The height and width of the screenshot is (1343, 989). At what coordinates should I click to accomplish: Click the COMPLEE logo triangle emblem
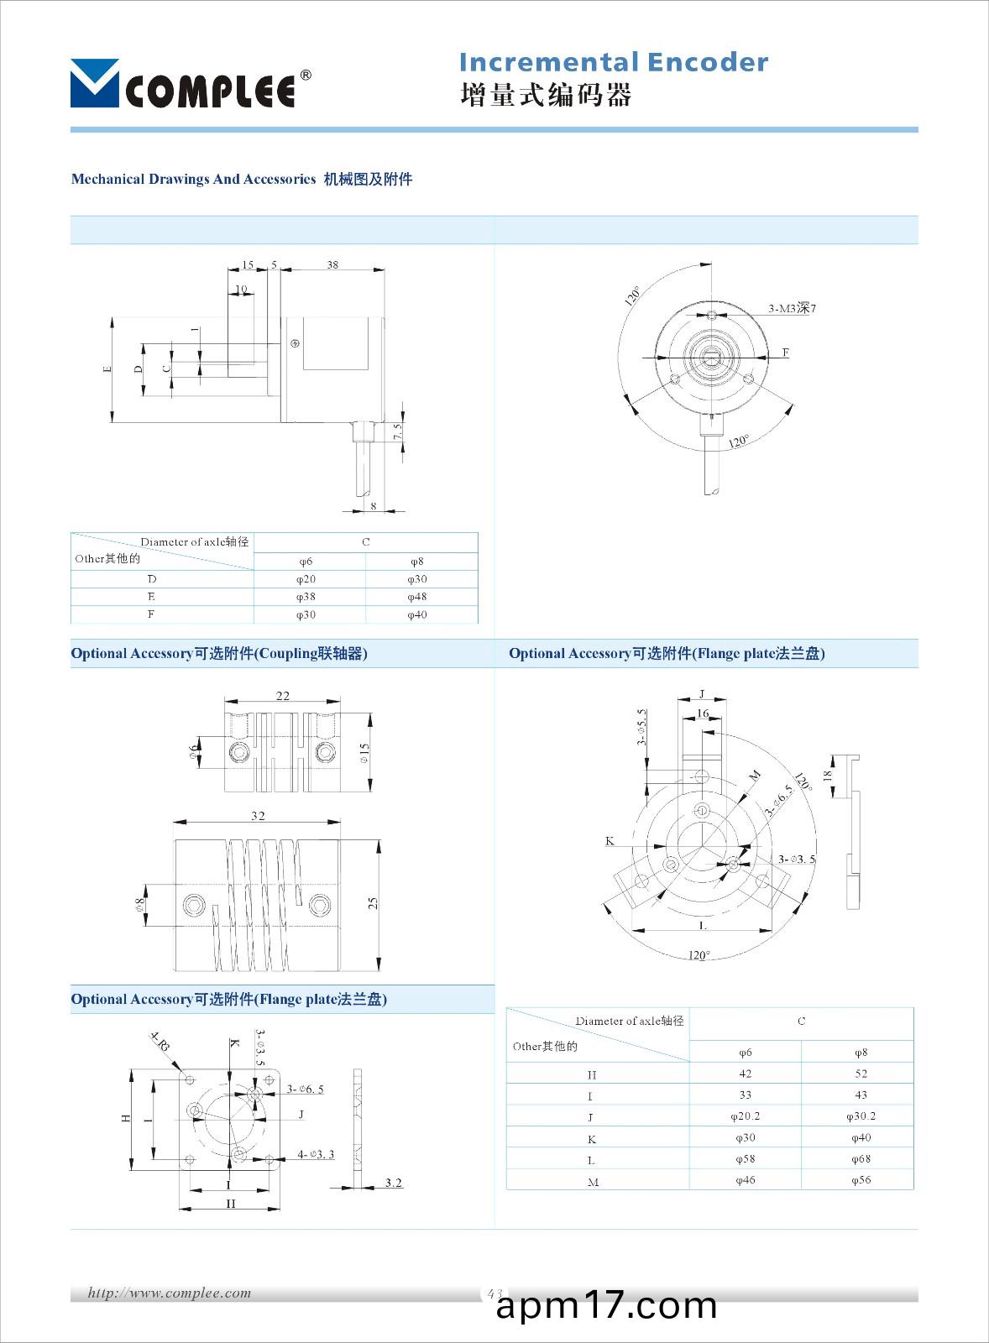click(x=94, y=83)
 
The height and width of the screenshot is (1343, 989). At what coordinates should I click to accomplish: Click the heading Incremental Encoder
click(x=613, y=62)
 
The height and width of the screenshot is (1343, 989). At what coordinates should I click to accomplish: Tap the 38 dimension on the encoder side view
click(x=332, y=264)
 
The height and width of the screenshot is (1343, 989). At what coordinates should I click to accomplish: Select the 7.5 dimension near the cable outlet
click(x=398, y=431)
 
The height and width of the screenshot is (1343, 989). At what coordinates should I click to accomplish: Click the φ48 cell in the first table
click(x=417, y=597)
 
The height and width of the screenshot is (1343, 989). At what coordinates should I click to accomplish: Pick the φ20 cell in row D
click(x=306, y=579)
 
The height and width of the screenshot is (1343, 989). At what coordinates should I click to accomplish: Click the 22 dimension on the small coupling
click(x=283, y=695)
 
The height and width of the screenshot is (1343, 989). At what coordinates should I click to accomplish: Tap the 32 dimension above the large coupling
click(x=258, y=815)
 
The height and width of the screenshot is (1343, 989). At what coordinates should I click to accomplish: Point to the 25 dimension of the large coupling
click(x=374, y=902)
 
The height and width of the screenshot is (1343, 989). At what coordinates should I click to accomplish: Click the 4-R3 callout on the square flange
click(x=160, y=1043)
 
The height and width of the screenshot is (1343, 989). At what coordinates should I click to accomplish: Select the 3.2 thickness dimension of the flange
click(x=393, y=1183)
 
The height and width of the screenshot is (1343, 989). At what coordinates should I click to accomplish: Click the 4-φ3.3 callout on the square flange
click(x=316, y=1154)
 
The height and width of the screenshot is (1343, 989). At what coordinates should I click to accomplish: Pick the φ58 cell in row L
click(x=745, y=1159)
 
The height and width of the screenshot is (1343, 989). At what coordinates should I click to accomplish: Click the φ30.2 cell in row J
click(x=861, y=1116)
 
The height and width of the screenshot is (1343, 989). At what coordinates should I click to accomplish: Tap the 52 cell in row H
click(x=861, y=1074)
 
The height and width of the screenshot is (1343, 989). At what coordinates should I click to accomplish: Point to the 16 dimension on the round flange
click(x=703, y=713)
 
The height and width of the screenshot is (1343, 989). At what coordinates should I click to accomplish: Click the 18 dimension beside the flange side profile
click(x=827, y=776)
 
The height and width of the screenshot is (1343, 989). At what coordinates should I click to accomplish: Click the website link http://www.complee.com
click(x=170, y=1293)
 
